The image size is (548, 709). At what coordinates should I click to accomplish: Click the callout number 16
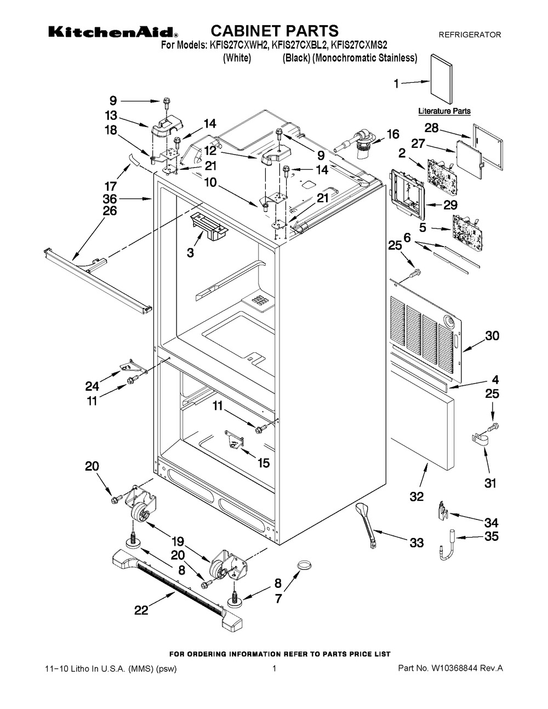point(393,134)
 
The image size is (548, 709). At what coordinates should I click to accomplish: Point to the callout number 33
point(416,543)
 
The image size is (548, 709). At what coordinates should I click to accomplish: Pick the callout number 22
point(141,610)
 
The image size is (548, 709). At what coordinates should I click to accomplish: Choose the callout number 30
point(492,336)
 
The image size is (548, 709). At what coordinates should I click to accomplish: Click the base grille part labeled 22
point(175,585)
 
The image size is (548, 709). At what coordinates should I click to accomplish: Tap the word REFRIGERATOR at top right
point(470,35)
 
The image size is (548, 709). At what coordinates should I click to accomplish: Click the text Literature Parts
point(444,111)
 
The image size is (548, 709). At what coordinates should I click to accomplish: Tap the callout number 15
point(263,463)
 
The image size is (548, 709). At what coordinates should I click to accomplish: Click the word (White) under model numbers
point(237,59)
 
